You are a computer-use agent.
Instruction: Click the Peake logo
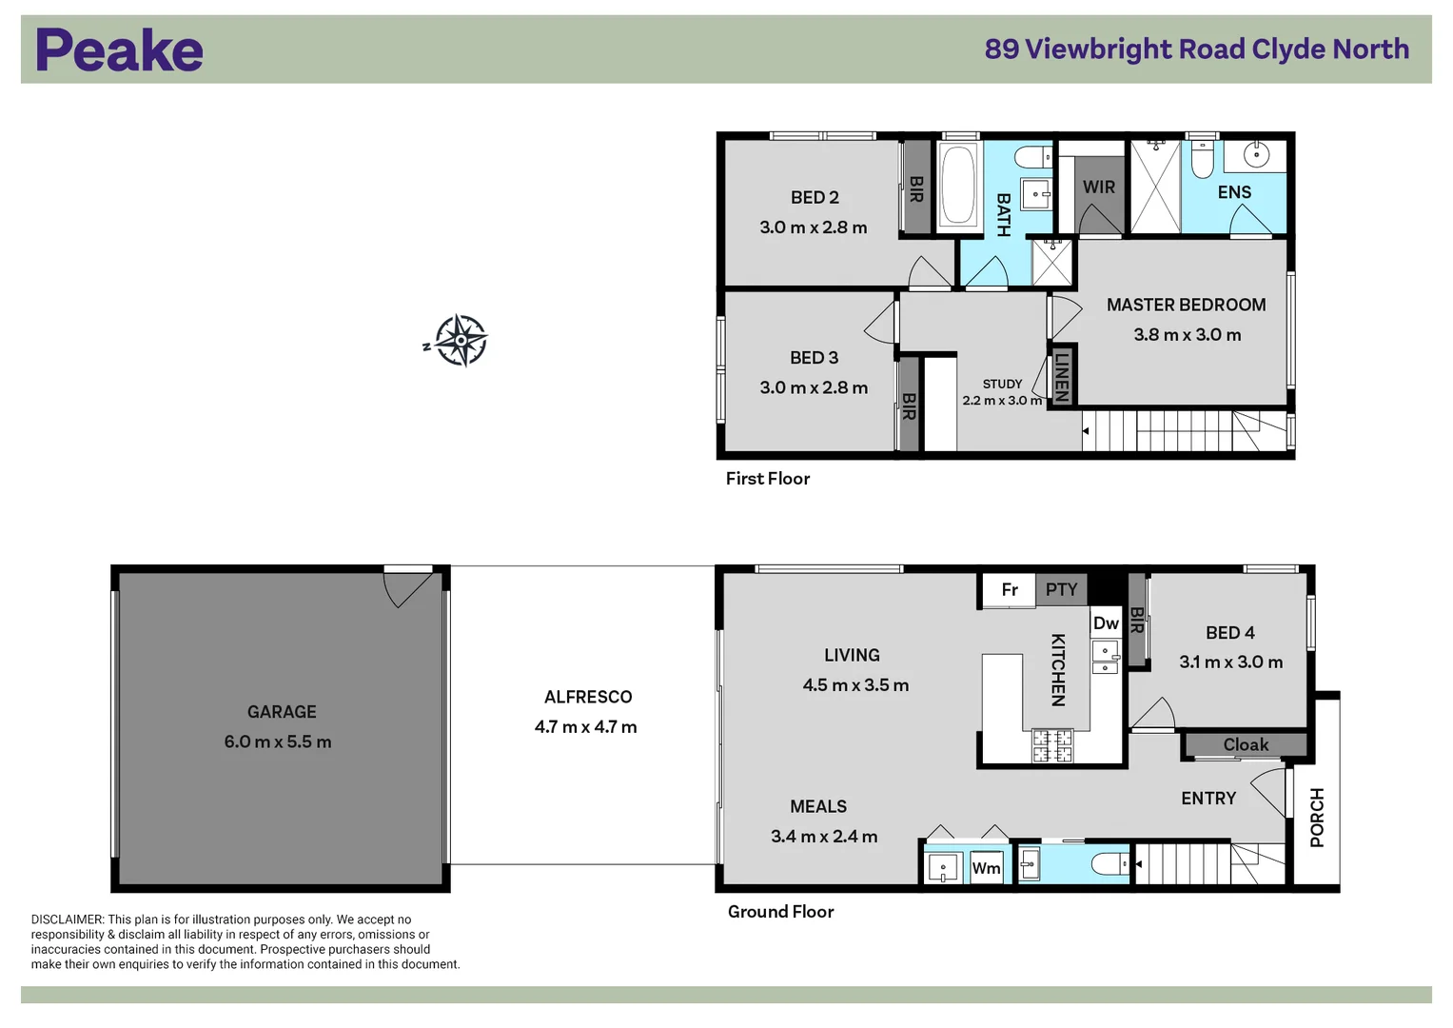[119, 50]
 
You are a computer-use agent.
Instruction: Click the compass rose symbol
[461, 340]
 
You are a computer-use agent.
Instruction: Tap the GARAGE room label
[282, 712]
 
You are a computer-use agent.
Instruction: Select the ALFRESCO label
[588, 697]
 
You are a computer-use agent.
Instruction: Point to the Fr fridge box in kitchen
[1010, 590]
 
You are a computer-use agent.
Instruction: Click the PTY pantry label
[1061, 590]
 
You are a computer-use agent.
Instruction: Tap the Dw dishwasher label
[1106, 623]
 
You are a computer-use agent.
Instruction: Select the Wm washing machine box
[986, 868]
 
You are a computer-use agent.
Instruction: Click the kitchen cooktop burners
[1052, 745]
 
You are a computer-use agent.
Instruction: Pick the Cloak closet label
[1246, 744]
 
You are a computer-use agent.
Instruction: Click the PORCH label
[1317, 818]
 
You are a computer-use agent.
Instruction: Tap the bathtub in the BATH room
[958, 185]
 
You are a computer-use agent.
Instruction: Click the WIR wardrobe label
[1099, 188]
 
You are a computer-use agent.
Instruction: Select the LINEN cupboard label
[1062, 377]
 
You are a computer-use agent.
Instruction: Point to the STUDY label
[1002, 384]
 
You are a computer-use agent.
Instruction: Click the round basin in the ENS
[1256, 154]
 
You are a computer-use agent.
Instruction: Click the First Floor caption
[767, 479]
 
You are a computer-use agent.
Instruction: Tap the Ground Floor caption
[780, 912]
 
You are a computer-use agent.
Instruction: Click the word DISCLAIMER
[67, 919]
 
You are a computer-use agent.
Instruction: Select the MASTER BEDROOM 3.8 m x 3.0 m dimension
[1187, 335]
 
